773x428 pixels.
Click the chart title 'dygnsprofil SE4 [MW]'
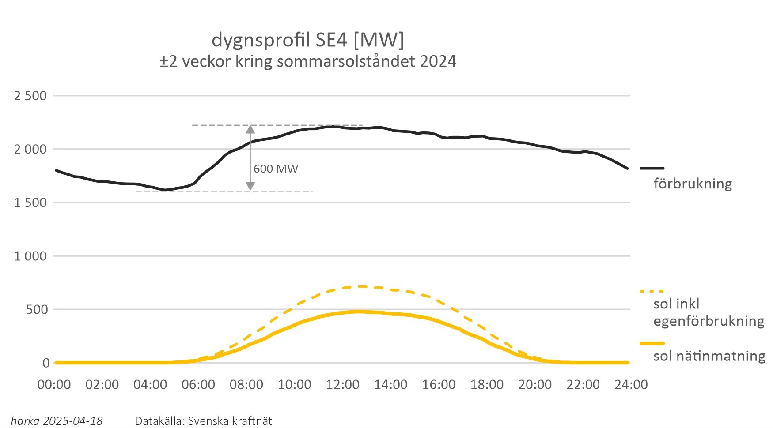307,40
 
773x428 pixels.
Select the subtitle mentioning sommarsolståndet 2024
308,61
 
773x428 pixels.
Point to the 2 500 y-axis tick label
30,96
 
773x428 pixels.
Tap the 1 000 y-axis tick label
30,256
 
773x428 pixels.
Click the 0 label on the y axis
46,363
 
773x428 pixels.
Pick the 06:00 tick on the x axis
198,385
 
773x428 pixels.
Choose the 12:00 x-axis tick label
343,385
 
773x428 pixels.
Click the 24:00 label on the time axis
631,385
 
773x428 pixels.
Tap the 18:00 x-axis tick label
487,385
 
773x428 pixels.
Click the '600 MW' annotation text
276,169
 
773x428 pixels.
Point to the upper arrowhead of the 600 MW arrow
250,129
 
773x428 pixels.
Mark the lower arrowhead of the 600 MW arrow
250,187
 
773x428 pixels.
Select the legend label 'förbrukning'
693,184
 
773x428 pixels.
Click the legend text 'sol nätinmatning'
709,356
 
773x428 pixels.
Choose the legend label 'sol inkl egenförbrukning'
709,312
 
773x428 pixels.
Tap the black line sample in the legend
652,168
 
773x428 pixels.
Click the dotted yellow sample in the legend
652,291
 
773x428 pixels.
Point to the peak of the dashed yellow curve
361,286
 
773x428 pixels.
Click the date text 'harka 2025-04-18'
57,421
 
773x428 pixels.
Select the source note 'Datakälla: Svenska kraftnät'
204,421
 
